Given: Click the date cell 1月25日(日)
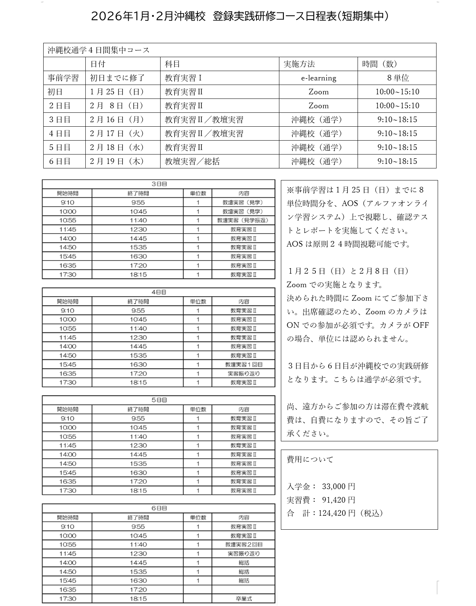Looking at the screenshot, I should tap(117, 92).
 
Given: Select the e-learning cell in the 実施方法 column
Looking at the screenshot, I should tap(318, 78).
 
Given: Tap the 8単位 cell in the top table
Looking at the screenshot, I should tap(397, 78).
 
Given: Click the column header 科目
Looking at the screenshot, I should tap(173, 64).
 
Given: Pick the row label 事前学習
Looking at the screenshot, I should tap(63, 78).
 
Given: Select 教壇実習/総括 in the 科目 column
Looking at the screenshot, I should tap(192, 161).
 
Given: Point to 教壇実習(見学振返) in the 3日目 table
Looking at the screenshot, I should tap(243, 220).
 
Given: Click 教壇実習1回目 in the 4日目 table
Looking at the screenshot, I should tap(244, 364).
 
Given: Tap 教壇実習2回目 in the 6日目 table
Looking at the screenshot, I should tap(244, 544).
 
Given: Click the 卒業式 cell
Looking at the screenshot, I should tap(244, 598).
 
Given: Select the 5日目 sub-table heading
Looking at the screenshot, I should tap(159, 400).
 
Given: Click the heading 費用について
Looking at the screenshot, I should tap(310, 459).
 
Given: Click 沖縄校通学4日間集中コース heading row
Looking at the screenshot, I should tap(99, 50).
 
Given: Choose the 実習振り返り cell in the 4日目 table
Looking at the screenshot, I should tap(244, 373).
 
